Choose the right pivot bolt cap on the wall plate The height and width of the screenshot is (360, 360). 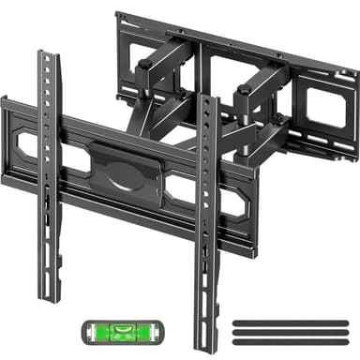point(246,90)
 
